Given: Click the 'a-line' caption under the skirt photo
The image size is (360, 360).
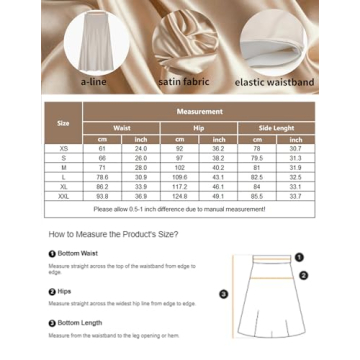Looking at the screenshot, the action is coord(93,79).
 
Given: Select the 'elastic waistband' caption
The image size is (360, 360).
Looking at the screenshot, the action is coord(273,79).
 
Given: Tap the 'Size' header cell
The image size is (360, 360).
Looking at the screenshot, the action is coord(64,124).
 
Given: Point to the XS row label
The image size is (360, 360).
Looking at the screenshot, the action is coord(64,148).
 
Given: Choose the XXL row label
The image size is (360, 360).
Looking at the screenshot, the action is coord(64,197).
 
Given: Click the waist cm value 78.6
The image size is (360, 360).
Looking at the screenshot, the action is coord(101,177).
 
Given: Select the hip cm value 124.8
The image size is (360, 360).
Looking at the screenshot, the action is coord(179,197).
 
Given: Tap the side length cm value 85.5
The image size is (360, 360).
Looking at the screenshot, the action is coord(257,197).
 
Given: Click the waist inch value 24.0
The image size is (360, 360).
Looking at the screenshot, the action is coord(140,148).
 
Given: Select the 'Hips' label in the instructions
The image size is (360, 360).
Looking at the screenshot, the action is coord(64,289).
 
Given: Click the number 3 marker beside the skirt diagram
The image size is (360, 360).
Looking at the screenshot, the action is coord(223,294).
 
